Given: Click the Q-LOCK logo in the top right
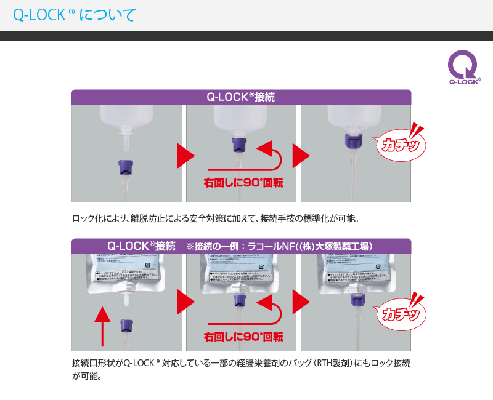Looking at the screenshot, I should pyautogui.click(x=463, y=67).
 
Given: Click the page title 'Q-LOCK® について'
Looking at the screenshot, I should pyautogui.click(x=74, y=15).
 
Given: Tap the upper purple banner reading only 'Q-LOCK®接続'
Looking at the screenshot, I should pyautogui.click(x=241, y=97).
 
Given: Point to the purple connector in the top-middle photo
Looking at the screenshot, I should pyautogui.click(x=238, y=145).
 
